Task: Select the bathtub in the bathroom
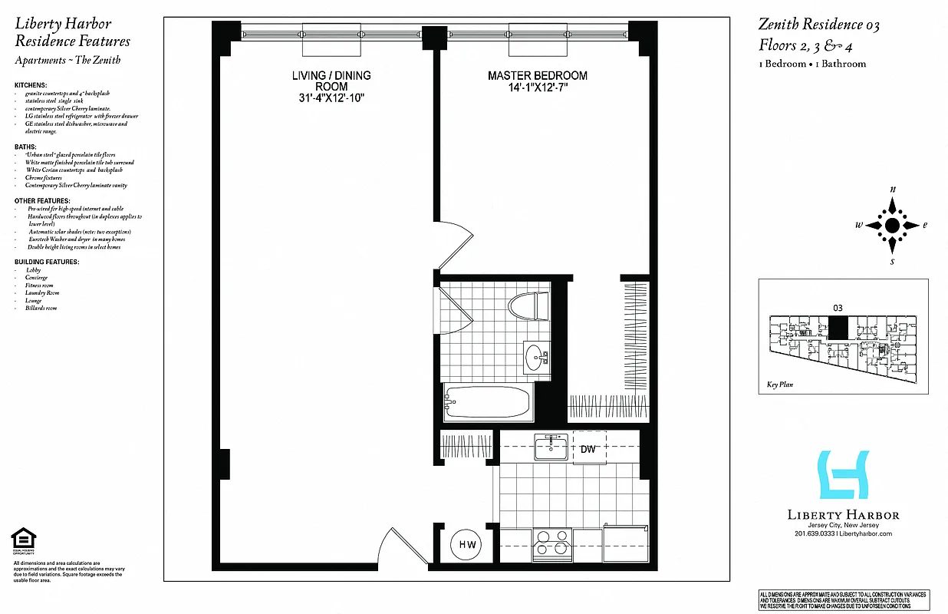coord(488,402)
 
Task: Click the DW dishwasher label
coord(588,449)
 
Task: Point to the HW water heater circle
coord(467,545)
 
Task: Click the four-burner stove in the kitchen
coord(551,542)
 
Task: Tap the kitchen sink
coord(551,447)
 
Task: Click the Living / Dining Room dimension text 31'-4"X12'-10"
coord(331,97)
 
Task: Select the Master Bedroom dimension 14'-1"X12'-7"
coord(538,87)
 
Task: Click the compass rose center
coord(892,225)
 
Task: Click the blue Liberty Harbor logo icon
coord(843,475)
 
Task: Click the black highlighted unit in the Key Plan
coord(838,328)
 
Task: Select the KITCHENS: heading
coord(31,84)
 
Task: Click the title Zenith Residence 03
coord(819,25)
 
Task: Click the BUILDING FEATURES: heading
coord(47,262)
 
